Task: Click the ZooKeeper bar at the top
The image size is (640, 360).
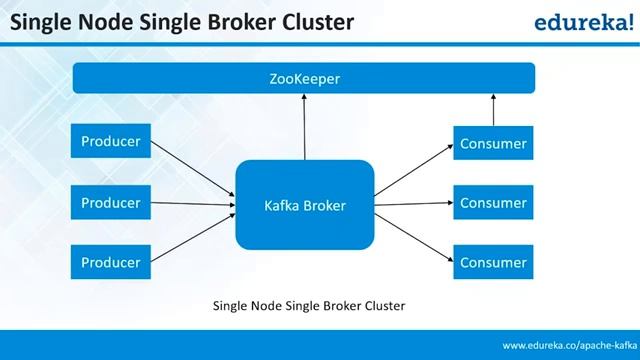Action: pyautogui.click(x=304, y=78)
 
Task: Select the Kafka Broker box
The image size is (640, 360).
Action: pyautogui.click(x=304, y=206)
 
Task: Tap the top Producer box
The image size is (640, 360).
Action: pyautogui.click(x=110, y=142)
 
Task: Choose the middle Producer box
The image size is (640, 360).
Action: pyautogui.click(x=110, y=203)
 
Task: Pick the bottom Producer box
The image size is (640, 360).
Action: pyautogui.click(x=110, y=262)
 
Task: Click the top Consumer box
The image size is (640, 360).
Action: pyautogui.click(x=492, y=143)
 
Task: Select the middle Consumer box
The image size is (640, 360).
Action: pyautogui.click(x=492, y=203)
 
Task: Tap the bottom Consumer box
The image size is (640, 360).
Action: pyautogui.click(x=492, y=263)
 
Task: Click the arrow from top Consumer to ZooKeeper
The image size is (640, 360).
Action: pyautogui.click(x=492, y=110)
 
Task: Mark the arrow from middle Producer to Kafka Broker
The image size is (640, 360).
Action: pyautogui.click(x=190, y=204)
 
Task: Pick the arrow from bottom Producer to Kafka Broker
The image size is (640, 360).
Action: pyautogui.click(x=190, y=236)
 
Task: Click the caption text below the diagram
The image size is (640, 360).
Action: pyautogui.click(x=309, y=305)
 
